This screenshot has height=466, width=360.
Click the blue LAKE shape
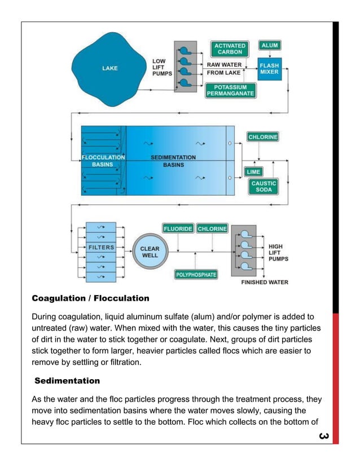pos(110,69)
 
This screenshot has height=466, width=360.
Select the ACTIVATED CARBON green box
pos(230,49)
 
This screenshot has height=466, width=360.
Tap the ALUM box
pos(269,45)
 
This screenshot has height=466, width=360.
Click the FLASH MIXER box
pos(269,69)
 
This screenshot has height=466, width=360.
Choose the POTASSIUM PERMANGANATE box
pos(230,90)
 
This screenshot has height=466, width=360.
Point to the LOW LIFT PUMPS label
pos(162,67)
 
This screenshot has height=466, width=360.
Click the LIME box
pos(253,171)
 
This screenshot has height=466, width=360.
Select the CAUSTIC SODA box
pos(264,187)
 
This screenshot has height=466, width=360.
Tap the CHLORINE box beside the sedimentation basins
pos(263,137)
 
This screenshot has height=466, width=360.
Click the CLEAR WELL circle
pos(150,252)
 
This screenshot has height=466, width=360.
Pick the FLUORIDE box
pos(178,229)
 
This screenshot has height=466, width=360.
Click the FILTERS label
pos(101,247)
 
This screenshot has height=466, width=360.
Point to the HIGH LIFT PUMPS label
pos(278,253)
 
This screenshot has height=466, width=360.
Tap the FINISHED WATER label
pos(265,282)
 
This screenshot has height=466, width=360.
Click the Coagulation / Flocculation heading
pos(90,298)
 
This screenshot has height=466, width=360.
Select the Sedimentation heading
pos(67,381)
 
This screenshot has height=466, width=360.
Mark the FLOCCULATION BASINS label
pos(103,161)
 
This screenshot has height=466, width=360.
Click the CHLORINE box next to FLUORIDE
pos(212,229)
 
